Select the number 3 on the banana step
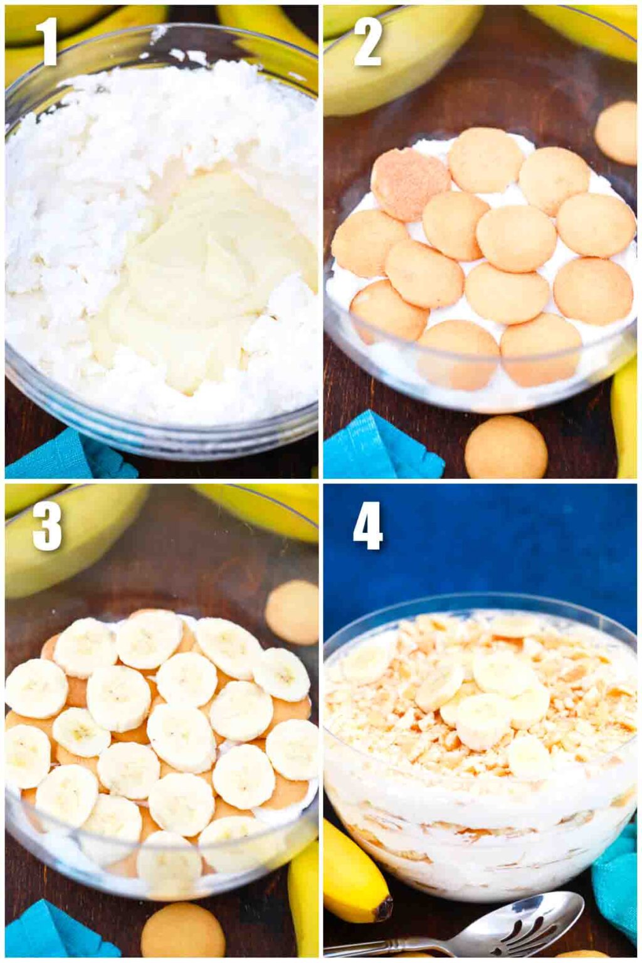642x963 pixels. [47, 527]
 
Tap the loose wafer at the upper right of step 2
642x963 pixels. [616, 133]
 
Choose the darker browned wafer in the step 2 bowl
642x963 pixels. [410, 183]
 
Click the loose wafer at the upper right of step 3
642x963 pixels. [292, 612]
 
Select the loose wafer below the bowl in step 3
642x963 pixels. [182, 932]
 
